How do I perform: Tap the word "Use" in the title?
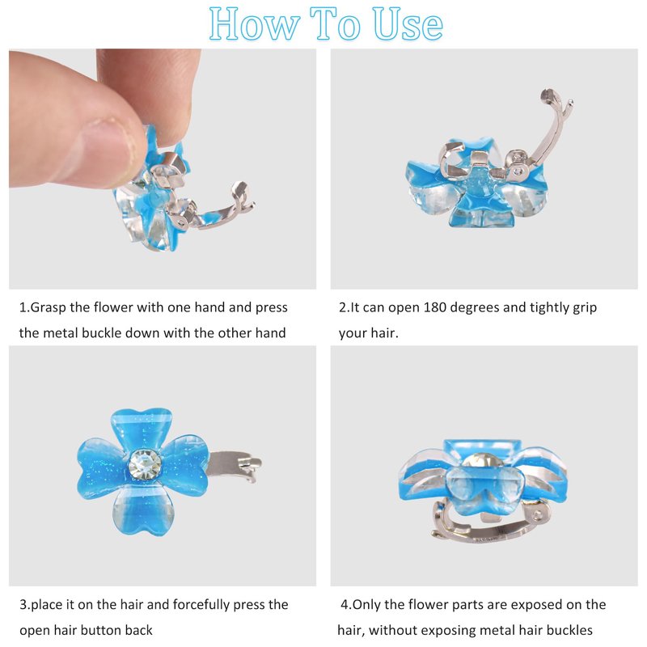[408, 24]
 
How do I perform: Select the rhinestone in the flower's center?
[145, 464]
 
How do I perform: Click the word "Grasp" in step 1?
[48, 308]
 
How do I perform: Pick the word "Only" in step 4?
[366, 605]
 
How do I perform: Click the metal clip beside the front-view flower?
[234, 466]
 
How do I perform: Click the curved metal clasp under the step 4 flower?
[491, 523]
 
